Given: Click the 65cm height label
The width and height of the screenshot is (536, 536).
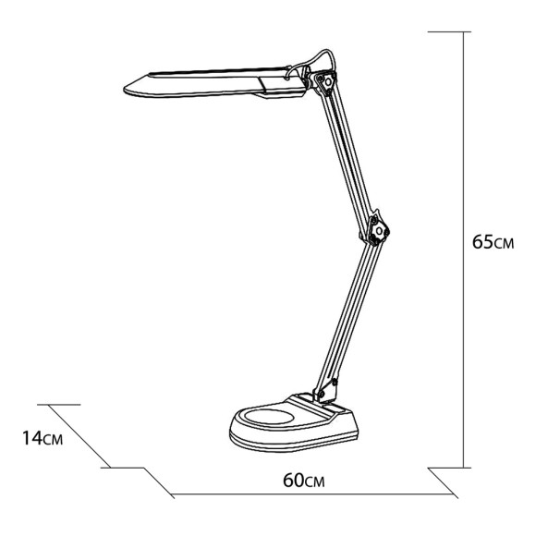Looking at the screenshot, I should click(x=492, y=243).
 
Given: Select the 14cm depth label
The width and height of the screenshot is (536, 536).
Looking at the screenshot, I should click(x=42, y=438).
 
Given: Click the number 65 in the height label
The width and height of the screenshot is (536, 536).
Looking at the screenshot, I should click(x=482, y=243).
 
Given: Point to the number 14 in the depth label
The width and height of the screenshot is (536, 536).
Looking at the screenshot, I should click(x=30, y=438).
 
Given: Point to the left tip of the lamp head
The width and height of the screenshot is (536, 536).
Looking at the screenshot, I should click(x=128, y=90).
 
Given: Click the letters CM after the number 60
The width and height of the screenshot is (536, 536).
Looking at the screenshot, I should click(x=316, y=481).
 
